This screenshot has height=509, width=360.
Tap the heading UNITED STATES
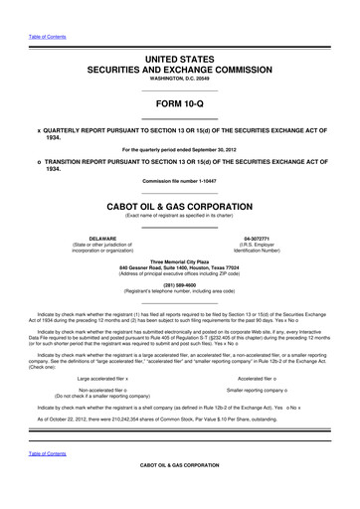[x=180, y=61]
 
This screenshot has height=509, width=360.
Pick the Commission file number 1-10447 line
[x=180, y=180]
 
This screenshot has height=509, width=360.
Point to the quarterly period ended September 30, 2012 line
[x=180, y=150]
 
